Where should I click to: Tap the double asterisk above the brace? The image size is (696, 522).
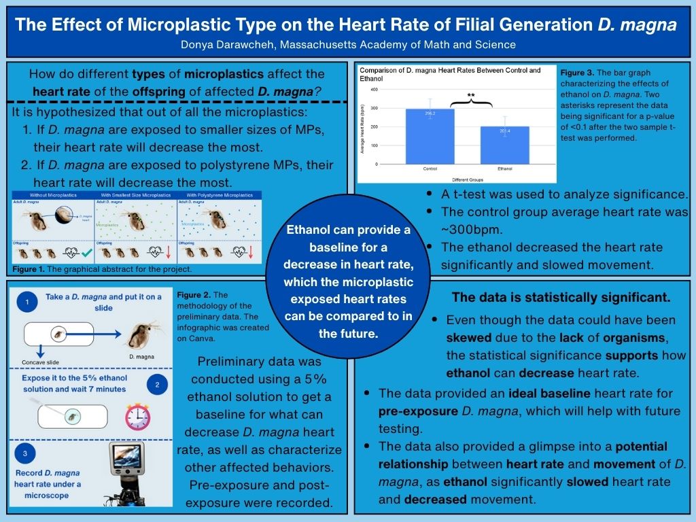coord(470,96)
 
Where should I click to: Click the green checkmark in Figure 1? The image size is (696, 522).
coord(86,254)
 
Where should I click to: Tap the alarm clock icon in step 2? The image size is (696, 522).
coord(139,416)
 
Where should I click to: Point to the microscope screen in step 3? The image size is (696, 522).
coord(128,459)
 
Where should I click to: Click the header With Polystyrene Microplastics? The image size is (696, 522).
coord(219,195)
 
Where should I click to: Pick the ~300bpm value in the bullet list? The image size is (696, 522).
coord(469,230)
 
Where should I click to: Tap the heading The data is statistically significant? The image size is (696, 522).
coord(561,297)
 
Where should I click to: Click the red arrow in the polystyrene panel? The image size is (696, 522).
coord(251,253)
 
